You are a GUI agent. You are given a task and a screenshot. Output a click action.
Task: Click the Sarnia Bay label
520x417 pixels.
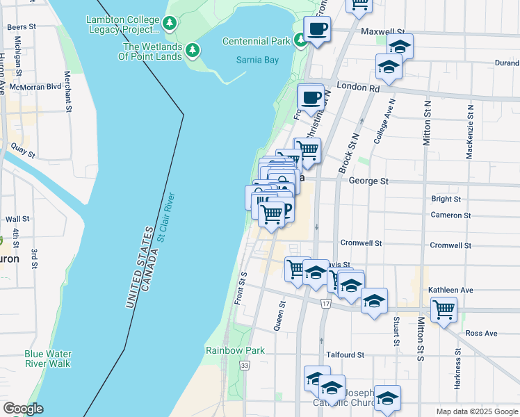[x=257, y=60]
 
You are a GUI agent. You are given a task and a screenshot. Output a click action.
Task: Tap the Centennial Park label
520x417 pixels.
[x=255, y=41]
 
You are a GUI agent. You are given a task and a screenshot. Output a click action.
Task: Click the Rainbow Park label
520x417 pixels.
[x=235, y=350]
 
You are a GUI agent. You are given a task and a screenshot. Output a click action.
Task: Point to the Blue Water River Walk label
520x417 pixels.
[x=47, y=358]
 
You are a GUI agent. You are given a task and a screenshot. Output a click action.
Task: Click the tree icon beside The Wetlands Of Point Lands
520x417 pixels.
[x=193, y=51]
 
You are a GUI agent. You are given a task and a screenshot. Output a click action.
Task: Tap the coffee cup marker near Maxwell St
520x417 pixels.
[x=316, y=29]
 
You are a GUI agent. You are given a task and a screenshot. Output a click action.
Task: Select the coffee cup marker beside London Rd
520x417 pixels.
[x=310, y=97]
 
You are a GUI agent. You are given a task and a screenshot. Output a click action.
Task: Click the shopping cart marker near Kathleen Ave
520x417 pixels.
[x=444, y=308]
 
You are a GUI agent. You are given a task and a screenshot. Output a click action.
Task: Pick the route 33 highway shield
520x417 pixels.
[x=244, y=365]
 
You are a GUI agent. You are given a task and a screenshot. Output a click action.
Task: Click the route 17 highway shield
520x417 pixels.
[x=325, y=304]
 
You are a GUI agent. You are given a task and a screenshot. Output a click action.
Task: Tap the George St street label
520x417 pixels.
[x=368, y=181]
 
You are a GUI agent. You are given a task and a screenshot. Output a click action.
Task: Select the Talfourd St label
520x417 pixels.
[x=346, y=354]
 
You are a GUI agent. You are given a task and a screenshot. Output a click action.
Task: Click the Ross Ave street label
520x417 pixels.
[x=482, y=334]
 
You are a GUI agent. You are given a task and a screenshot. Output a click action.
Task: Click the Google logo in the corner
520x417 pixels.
[x=23, y=409]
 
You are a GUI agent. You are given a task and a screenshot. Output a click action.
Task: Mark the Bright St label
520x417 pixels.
[x=446, y=199]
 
